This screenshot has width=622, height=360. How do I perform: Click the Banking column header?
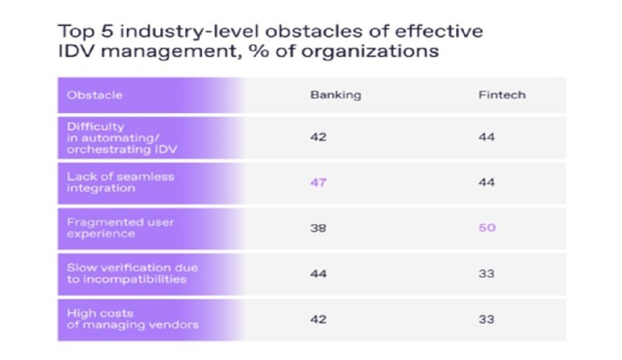336,95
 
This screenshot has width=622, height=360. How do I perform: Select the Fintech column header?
502,95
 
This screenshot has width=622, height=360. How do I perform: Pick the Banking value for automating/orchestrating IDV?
318,137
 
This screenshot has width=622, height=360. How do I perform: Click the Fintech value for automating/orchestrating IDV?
486,137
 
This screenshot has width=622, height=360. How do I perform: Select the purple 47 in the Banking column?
318,182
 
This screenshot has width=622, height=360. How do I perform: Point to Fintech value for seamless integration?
486,182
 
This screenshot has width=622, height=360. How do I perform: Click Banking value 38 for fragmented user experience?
318,227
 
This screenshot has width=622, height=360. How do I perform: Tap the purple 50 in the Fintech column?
487,227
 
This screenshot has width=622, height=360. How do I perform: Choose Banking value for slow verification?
318,273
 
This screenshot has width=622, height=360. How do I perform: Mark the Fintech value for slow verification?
486,273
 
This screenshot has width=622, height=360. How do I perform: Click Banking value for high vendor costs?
318,319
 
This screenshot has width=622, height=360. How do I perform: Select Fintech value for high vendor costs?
486,319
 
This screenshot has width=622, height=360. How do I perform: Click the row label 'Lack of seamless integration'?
120,182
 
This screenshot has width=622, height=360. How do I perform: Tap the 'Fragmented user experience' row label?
120,228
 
